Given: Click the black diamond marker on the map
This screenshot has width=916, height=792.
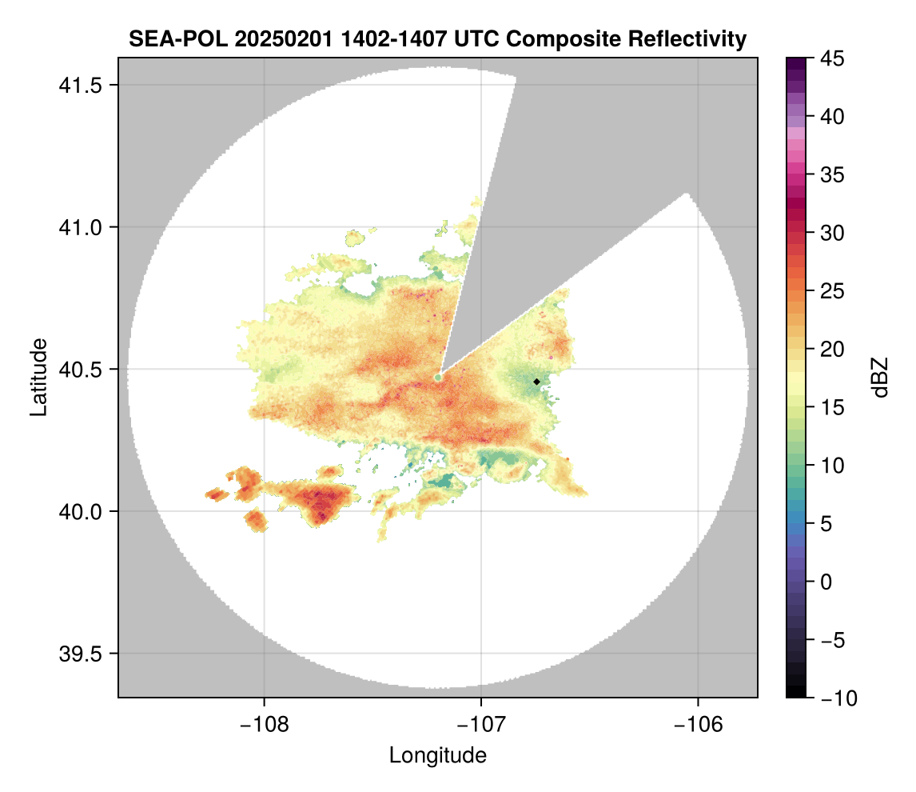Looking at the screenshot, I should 536,382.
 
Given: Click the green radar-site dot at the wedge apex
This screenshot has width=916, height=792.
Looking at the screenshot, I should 438,377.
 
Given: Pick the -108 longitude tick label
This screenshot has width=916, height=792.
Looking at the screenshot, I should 264,725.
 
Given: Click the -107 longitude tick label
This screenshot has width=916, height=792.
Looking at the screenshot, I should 481,725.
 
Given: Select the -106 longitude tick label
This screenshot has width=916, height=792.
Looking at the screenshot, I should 699,725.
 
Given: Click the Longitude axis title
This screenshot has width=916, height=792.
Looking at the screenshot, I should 437,755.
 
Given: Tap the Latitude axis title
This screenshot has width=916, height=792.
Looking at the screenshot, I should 38,377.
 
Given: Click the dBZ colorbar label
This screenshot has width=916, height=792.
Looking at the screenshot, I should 880,378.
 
